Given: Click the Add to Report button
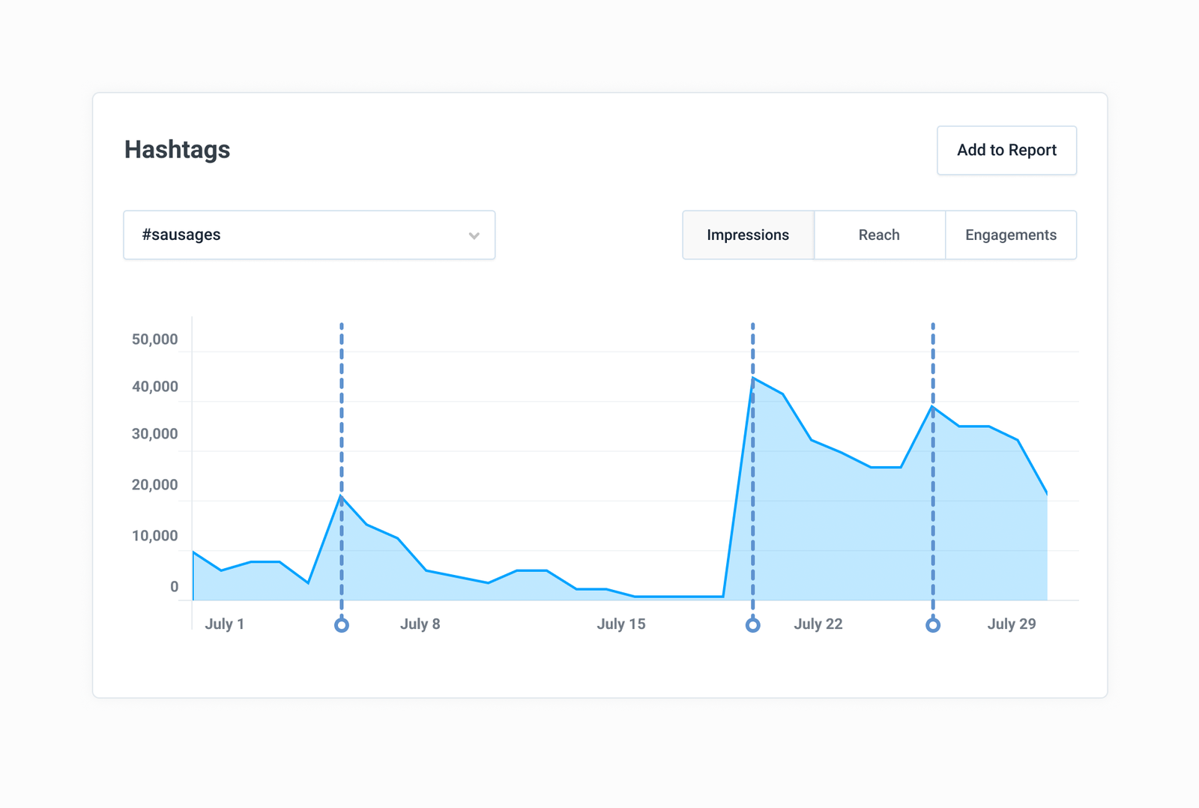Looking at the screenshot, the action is (1006, 151).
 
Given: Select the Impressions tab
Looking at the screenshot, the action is (749, 235).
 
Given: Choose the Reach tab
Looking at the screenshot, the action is (880, 235).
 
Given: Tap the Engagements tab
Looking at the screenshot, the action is (1011, 235).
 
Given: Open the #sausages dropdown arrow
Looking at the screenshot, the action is (474, 235).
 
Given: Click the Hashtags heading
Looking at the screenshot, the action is (177, 149).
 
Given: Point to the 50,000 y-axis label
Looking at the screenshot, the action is (154, 339).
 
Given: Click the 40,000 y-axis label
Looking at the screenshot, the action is (154, 386).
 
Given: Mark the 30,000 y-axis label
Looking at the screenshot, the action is (154, 433).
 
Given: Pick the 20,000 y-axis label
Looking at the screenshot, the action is (154, 485).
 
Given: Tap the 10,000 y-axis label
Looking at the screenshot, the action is (154, 535).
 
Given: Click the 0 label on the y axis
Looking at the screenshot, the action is (175, 586).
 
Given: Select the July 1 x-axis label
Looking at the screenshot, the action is (225, 624).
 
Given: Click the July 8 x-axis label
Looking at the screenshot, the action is (420, 624).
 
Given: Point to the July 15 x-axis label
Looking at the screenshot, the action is (621, 624).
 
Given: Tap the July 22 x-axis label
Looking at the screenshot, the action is (818, 624).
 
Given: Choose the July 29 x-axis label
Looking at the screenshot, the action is (1012, 624).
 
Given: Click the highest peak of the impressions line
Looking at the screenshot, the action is (752, 378).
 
